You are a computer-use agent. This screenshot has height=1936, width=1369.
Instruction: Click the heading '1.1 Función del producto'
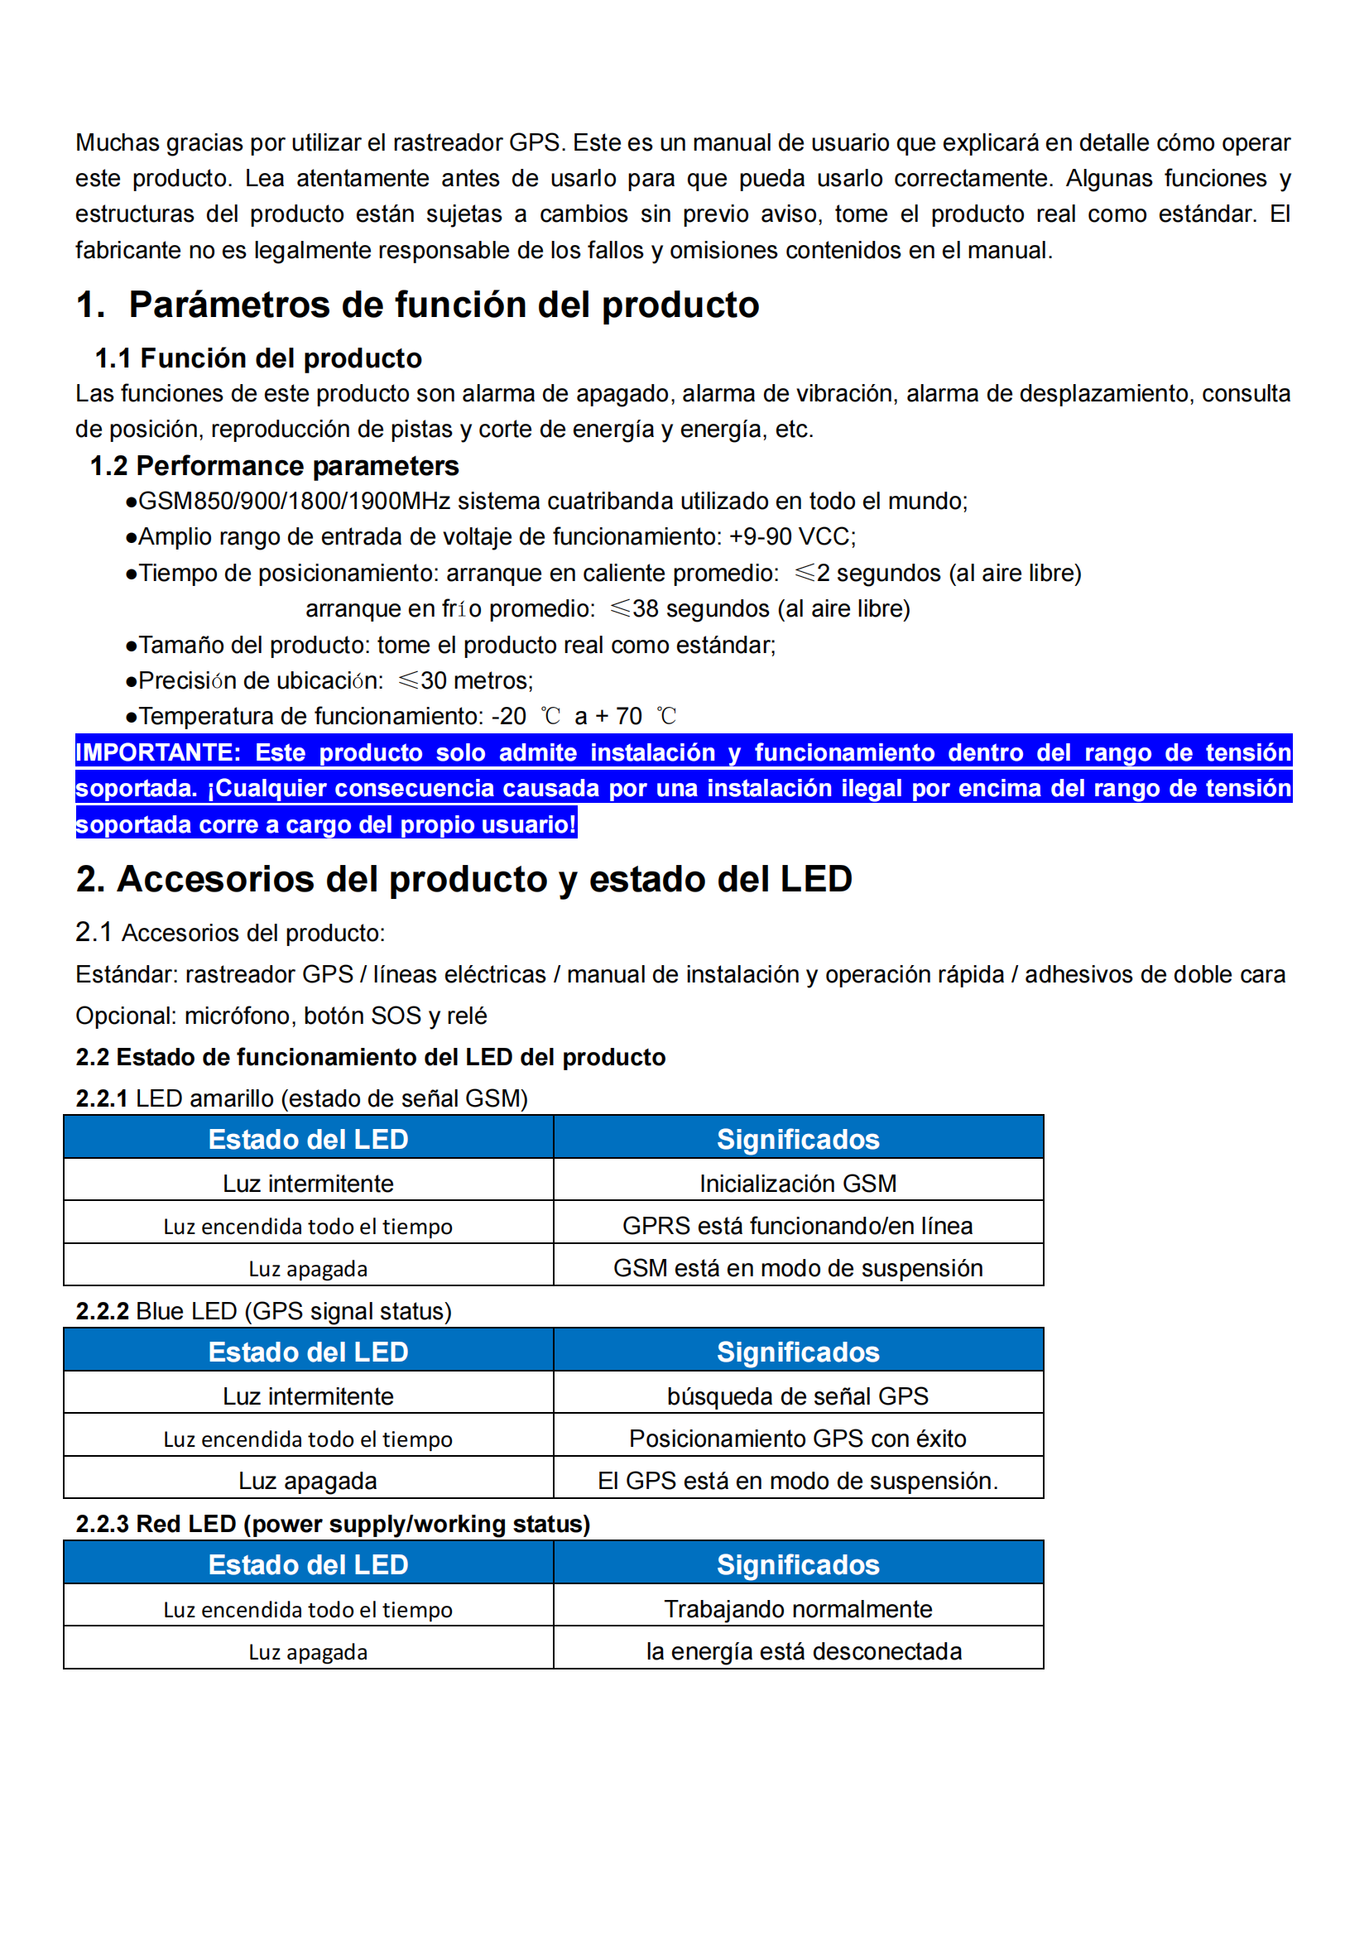[258, 358]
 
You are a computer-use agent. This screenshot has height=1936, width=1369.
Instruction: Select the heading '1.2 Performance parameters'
[274, 465]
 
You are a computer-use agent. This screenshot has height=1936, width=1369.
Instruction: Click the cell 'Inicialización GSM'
[797, 1183]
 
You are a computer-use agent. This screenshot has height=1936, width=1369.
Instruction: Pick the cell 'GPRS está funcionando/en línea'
[797, 1225]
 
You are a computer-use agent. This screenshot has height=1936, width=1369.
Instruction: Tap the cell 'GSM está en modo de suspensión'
[797, 1268]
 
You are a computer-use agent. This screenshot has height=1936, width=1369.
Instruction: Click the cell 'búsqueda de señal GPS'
[797, 1396]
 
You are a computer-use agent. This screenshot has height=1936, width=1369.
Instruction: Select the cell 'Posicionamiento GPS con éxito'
[797, 1438]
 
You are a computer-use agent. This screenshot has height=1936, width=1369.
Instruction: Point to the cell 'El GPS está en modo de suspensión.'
[797, 1481]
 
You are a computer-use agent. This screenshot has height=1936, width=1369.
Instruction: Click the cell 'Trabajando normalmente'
[797, 1609]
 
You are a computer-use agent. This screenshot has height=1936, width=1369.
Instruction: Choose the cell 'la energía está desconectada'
[804, 1651]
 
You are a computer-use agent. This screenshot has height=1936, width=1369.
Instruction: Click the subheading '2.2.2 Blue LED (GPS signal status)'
[264, 1311]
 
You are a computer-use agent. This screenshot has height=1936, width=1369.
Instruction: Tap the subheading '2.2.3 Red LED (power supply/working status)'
[333, 1524]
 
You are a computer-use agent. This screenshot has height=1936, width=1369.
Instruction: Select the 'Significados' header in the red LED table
[797, 1565]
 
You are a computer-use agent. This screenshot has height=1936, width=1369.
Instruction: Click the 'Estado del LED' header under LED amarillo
[309, 1139]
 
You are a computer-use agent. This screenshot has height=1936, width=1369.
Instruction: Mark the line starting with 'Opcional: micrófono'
[281, 1016]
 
